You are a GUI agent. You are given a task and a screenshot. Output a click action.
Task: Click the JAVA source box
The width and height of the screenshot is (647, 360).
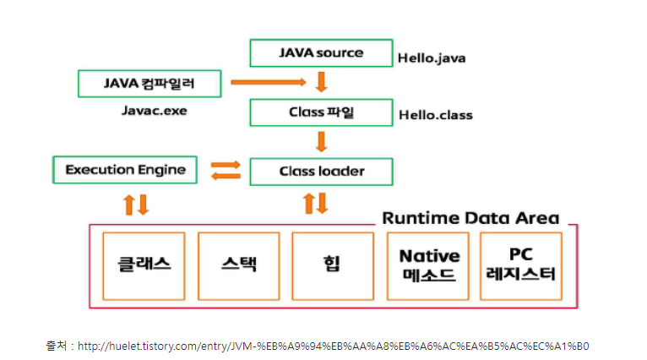(321, 52)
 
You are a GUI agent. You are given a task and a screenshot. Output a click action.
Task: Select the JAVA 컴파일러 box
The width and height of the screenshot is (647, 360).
(150, 83)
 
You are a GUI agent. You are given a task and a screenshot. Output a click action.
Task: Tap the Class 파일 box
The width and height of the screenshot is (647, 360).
(321, 112)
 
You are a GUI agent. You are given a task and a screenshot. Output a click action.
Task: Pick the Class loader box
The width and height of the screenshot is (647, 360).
(321, 172)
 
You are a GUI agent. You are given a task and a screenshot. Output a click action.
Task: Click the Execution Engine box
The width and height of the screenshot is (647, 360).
(125, 169)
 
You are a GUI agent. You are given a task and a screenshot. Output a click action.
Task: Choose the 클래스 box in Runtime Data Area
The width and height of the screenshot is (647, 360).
(144, 264)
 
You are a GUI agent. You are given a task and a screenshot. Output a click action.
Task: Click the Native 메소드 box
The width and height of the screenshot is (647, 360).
(429, 265)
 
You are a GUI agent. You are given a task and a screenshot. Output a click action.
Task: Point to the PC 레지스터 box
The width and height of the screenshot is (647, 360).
(519, 265)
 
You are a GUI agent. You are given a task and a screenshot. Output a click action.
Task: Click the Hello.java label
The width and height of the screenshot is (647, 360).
(432, 58)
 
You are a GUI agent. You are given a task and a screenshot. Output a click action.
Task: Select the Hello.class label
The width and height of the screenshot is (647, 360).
(435, 115)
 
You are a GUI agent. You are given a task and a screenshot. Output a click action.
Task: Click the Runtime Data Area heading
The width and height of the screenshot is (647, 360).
(470, 217)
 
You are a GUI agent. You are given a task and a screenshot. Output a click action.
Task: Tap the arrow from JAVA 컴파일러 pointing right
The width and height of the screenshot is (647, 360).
(267, 82)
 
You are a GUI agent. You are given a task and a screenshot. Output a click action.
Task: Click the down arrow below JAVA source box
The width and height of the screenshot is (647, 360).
(321, 82)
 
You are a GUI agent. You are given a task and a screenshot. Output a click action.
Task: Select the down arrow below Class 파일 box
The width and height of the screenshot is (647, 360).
(321, 140)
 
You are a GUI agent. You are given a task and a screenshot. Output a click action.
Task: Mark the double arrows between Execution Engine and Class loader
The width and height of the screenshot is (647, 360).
(225, 170)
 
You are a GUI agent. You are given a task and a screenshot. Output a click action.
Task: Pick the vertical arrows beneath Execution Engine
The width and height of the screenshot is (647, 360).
(136, 204)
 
